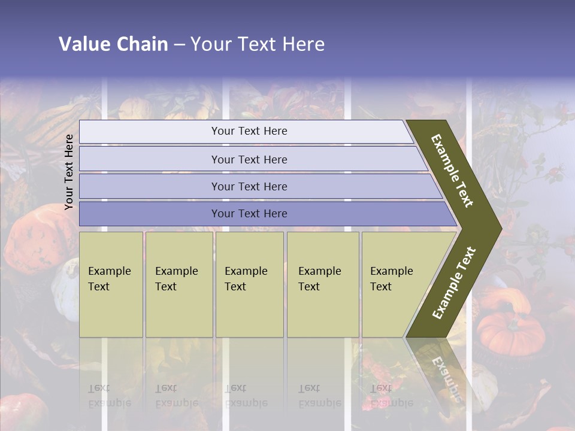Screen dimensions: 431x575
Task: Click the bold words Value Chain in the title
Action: point(113,44)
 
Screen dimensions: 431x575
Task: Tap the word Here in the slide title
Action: point(303,44)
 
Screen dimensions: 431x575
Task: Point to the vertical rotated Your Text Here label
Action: point(69,172)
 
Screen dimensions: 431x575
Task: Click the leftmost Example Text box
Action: point(111,284)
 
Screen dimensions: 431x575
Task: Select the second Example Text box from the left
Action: point(178,284)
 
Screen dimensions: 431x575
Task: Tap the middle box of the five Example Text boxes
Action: point(249,284)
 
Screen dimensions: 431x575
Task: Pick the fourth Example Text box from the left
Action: point(322,284)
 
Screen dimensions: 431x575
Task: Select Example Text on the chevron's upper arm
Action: point(453,171)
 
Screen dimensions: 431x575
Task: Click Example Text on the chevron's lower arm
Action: point(454,283)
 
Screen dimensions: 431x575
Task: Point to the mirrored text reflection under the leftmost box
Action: point(110,395)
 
